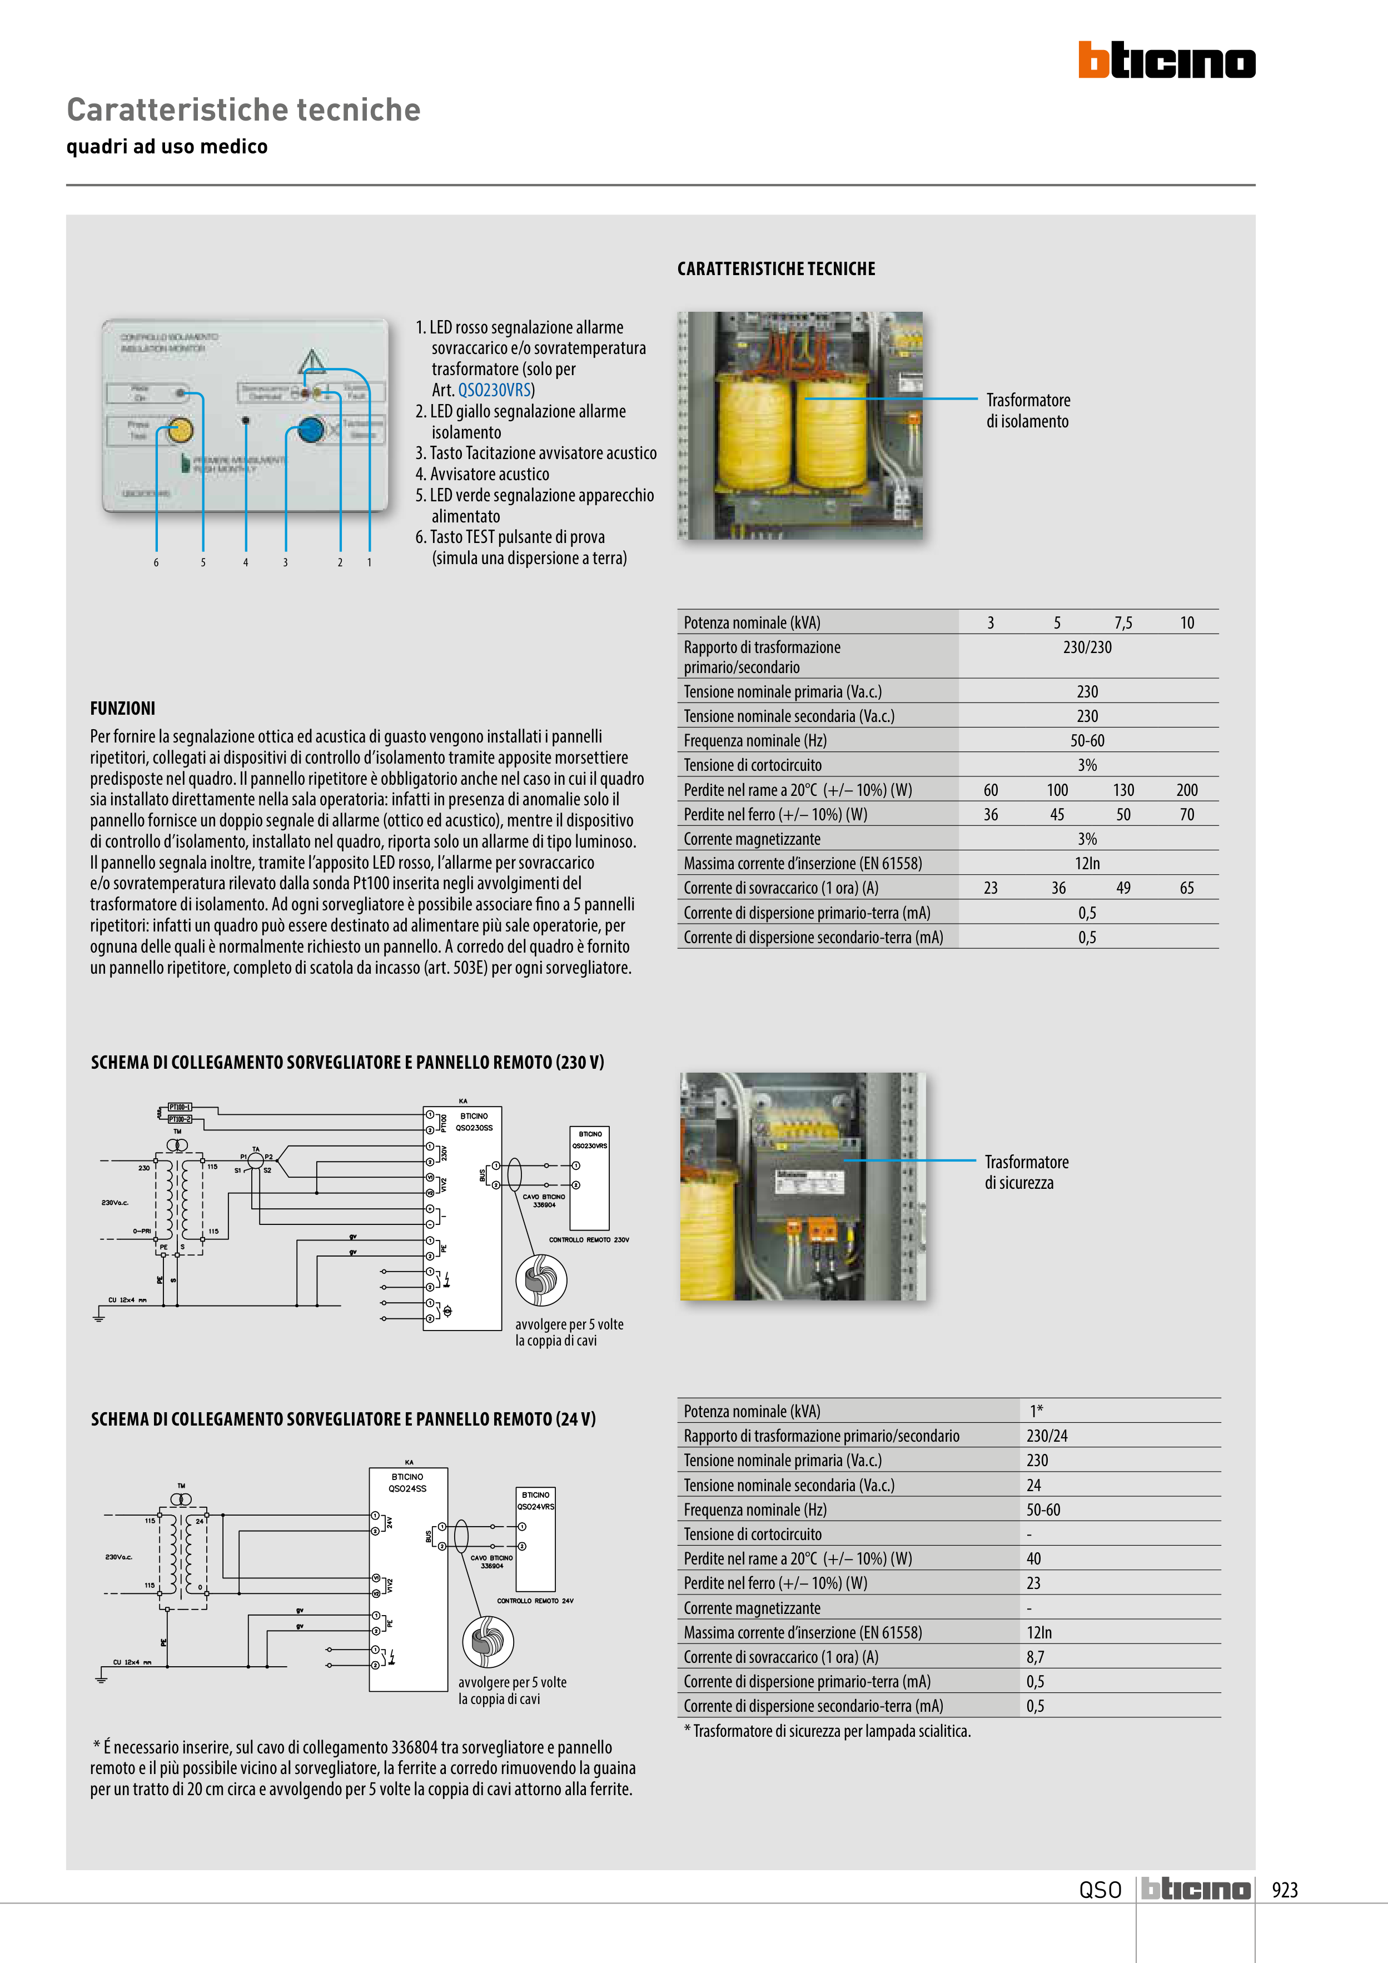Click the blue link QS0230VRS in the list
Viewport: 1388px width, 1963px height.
point(494,390)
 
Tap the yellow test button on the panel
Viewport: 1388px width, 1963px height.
point(179,430)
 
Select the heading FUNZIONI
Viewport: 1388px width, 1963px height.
point(122,708)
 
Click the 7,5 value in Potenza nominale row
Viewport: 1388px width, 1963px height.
point(1122,622)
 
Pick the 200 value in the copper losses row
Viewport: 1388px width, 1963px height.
point(1186,790)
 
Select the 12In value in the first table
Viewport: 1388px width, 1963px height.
point(1087,864)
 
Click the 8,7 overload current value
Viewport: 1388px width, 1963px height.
point(1035,1657)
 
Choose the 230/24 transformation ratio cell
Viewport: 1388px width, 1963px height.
point(1047,1436)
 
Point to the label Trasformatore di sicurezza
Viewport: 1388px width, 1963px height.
point(1026,1172)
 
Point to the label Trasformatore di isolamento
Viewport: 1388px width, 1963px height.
point(1027,410)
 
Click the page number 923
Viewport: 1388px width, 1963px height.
point(1285,1890)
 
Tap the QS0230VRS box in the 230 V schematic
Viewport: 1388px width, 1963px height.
point(589,1178)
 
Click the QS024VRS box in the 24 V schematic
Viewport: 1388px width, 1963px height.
point(535,1539)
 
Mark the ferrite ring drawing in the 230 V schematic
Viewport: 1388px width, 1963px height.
point(540,1280)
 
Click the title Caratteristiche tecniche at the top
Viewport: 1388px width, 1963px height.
point(243,109)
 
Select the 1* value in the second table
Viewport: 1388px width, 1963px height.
point(1036,1411)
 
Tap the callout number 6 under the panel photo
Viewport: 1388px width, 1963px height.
point(156,562)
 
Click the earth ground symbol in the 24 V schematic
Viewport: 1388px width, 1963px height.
point(101,1679)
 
